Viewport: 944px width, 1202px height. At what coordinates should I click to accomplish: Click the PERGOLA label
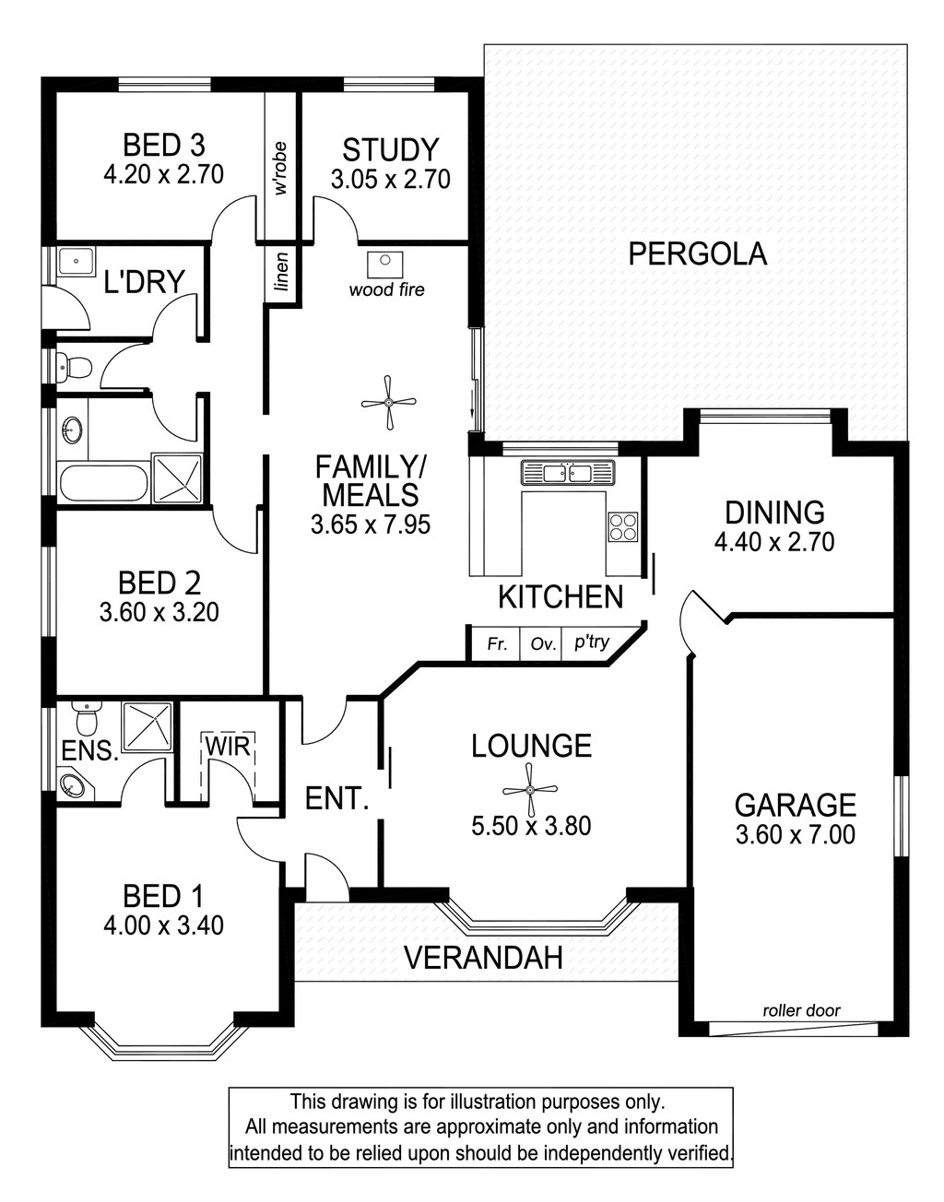point(697,254)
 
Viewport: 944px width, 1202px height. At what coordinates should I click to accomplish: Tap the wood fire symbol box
point(385,265)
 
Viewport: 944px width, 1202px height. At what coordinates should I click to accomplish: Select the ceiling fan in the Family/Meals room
point(388,403)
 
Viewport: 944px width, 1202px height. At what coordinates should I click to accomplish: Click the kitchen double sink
point(567,474)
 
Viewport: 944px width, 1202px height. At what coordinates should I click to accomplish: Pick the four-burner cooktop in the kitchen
point(623,526)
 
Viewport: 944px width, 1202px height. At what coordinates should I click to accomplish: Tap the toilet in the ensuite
point(87,718)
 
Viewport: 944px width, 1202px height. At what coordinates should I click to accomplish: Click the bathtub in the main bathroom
point(103,483)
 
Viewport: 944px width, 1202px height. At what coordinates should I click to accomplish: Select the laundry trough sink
point(77,263)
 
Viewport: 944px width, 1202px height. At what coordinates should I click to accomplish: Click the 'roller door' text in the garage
point(801,1010)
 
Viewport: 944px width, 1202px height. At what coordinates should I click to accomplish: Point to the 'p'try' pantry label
point(592,642)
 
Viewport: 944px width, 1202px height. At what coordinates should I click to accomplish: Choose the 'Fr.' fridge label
point(497,644)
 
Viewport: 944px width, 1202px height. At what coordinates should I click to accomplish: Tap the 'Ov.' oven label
point(543,644)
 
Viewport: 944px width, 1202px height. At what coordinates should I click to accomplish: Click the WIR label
point(228,747)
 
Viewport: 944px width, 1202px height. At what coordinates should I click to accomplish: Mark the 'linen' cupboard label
point(282,272)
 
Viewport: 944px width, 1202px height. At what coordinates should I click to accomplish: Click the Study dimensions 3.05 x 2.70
point(391,179)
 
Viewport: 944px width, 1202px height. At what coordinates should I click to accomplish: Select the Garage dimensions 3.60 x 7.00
point(796,835)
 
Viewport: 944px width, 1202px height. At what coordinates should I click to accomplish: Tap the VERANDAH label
point(484,958)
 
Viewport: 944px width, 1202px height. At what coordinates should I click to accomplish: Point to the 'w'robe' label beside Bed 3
point(281,169)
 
